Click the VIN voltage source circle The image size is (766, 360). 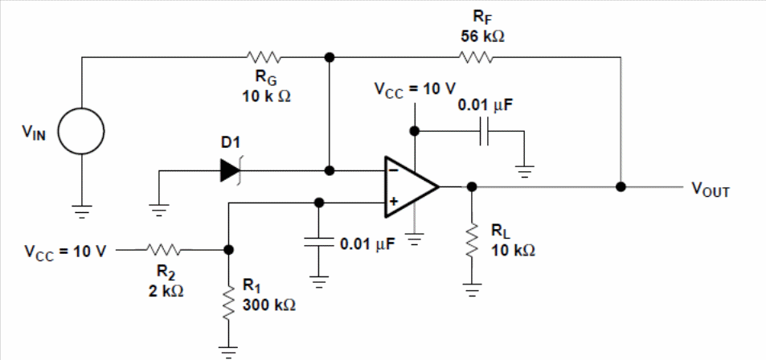click(81, 132)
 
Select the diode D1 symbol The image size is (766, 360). click(231, 171)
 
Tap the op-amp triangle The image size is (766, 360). click(412, 186)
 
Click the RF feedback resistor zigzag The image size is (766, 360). click(477, 58)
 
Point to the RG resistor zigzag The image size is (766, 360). click(264, 58)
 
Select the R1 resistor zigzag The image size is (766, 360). click(227, 302)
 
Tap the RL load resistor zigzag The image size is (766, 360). click(472, 239)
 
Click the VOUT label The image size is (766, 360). click(710, 190)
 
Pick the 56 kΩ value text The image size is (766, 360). click(481, 37)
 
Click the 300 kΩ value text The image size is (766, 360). click(269, 305)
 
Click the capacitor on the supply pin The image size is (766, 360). click(484, 131)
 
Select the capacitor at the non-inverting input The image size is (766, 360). click(318, 243)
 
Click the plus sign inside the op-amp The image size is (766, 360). click(392, 202)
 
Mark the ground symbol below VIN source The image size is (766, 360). click(81, 211)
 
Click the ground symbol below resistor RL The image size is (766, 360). click(472, 290)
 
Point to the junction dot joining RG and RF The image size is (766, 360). click(330, 57)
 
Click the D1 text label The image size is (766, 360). click(231, 143)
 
